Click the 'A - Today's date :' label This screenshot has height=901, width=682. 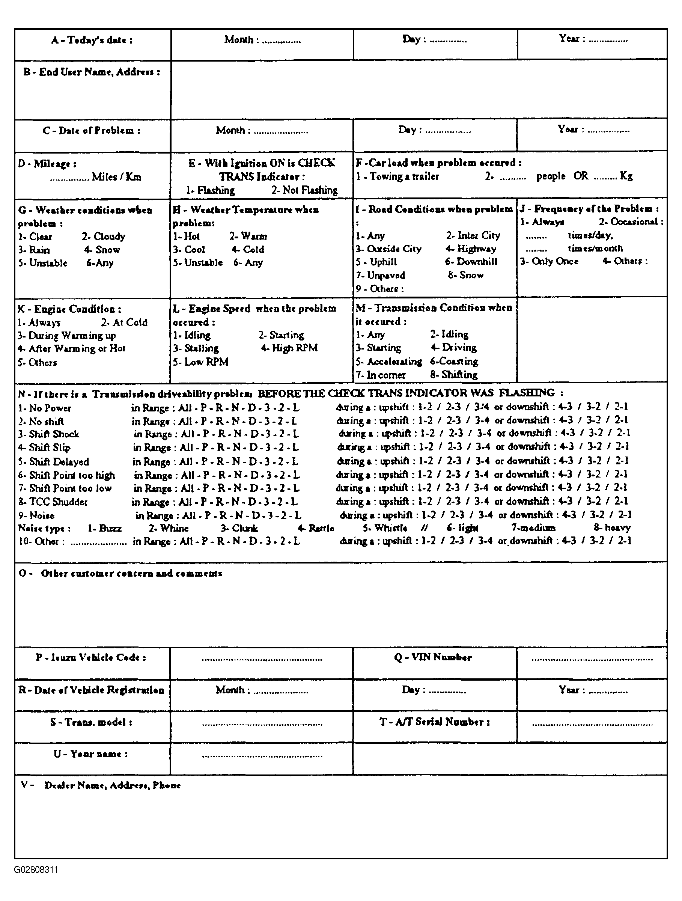[92, 40]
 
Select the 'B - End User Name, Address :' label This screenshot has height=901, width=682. [92, 72]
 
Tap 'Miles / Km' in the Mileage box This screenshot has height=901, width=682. [116, 177]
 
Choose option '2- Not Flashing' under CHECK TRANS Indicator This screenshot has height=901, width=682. [304, 190]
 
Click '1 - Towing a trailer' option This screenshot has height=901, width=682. [397, 176]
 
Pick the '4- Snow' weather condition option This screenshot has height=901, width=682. [102, 250]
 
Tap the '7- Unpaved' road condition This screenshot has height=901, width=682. [381, 275]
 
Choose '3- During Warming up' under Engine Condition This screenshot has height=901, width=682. [67, 336]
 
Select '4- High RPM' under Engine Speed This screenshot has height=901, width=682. [289, 348]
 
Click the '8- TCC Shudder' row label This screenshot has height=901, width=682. [53, 502]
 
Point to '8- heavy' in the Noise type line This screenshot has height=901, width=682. [612, 528]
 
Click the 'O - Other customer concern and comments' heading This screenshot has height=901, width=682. [120, 574]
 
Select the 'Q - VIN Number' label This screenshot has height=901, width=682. [433, 657]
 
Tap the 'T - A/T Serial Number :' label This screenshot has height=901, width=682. [434, 722]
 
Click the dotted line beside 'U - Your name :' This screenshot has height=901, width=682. [262, 756]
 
